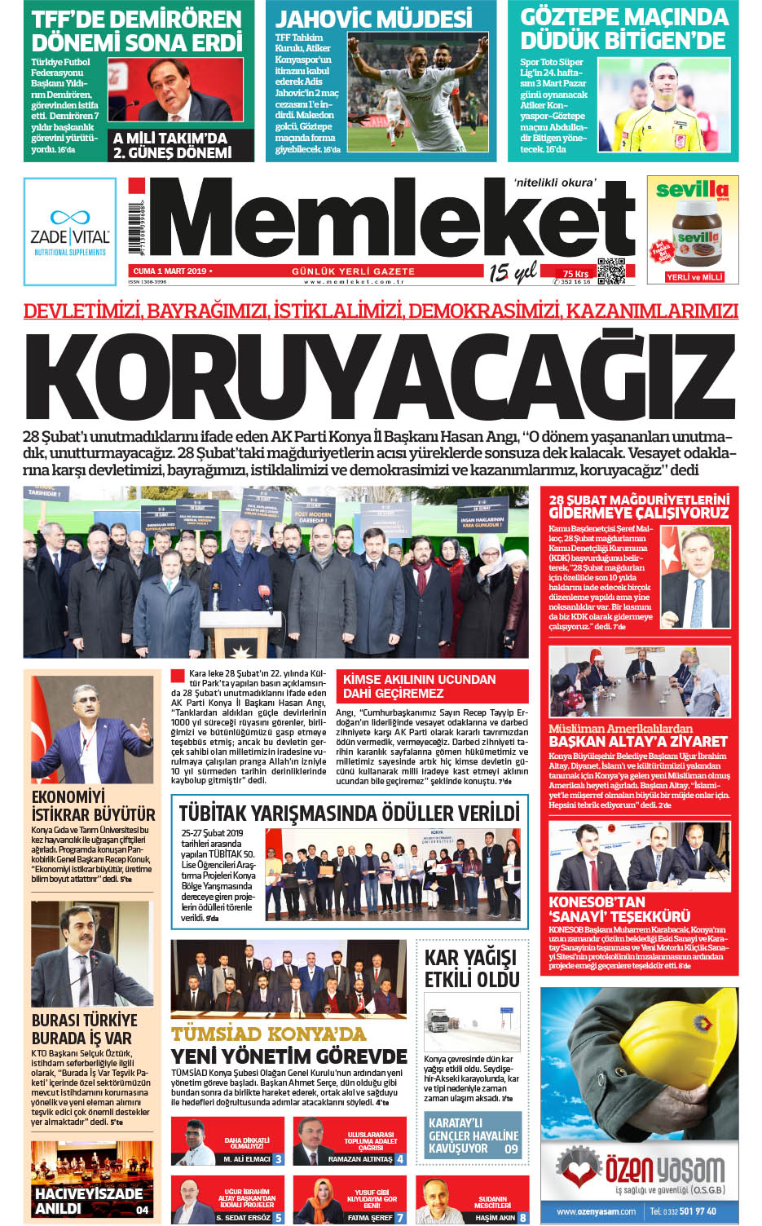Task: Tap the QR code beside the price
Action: coord(611,271)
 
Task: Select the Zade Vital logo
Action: coord(70,232)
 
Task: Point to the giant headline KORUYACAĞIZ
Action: coord(380,376)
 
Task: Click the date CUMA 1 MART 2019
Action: coord(170,271)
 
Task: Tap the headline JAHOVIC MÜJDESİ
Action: coord(374,18)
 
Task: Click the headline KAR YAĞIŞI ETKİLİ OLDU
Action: coord(471,968)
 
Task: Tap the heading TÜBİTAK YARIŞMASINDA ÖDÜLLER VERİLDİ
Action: coord(349,813)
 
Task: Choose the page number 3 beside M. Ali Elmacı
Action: coord(278,1158)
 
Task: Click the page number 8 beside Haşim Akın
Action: coord(522,1217)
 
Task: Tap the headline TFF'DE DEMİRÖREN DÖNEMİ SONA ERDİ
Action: coord(136,30)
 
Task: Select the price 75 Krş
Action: coord(575,274)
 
